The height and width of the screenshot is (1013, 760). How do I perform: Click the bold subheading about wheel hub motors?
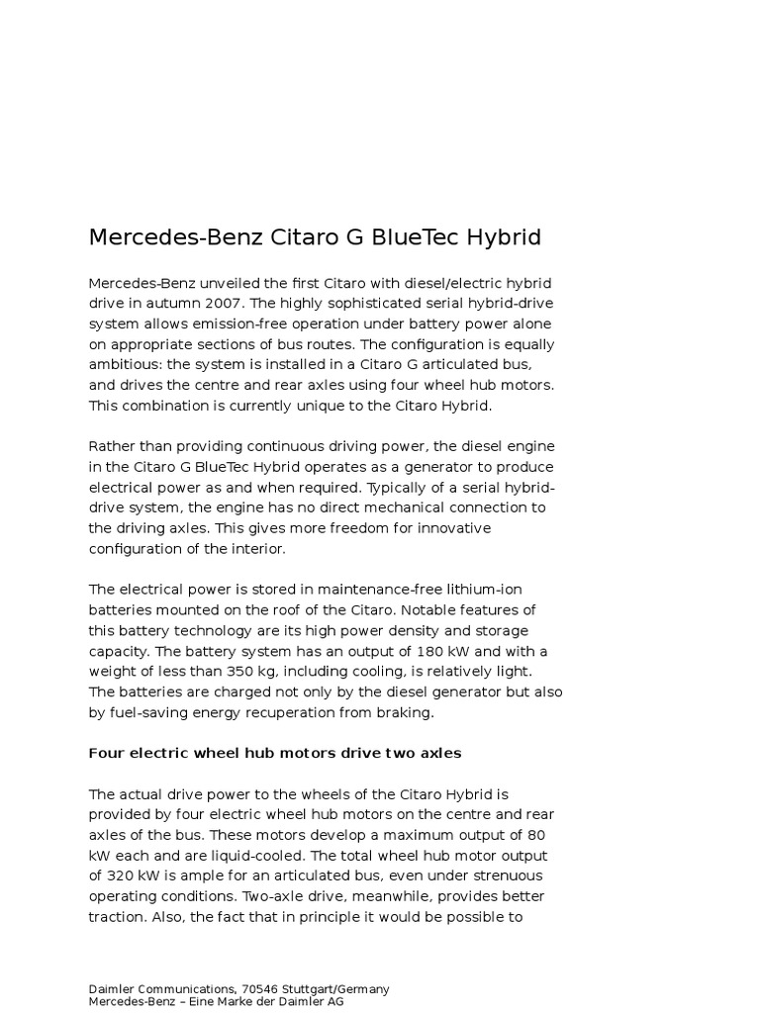click(x=275, y=753)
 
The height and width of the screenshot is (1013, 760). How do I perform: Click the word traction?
click(x=117, y=917)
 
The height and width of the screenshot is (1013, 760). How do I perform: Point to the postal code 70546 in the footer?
click(x=259, y=989)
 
